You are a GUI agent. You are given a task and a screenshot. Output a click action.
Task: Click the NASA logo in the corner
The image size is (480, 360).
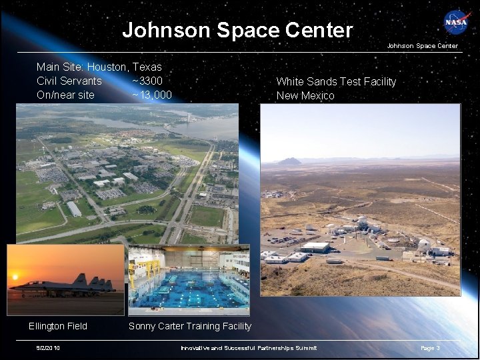click(x=457, y=22)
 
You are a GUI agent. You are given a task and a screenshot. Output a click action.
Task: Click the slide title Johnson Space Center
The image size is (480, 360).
click(x=237, y=30)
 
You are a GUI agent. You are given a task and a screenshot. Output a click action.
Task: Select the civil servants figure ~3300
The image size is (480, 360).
click(x=147, y=81)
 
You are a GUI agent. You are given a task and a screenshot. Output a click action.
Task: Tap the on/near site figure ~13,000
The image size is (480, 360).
click(x=151, y=95)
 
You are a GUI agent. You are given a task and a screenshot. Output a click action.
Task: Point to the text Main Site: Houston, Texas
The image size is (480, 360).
click(x=99, y=67)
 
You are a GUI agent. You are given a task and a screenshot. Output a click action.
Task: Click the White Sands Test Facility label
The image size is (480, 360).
click(x=336, y=81)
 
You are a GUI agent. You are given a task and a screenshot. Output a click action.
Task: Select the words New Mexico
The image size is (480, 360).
click(x=305, y=95)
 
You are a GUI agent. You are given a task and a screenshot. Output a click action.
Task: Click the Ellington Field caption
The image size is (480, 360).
click(x=57, y=326)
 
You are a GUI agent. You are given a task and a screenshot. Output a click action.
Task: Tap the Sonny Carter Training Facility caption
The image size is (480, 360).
click(x=190, y=326)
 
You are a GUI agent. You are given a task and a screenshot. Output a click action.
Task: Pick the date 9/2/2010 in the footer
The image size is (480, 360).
click(x=49, y=348)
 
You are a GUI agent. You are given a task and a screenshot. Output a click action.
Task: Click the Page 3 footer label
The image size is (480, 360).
click(x=430, y=348)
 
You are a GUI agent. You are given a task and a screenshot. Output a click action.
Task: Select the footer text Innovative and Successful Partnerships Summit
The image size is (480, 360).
click(x=249, y=348)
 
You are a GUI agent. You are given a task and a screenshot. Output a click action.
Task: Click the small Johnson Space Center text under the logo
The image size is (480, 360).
click(x=423, y=46)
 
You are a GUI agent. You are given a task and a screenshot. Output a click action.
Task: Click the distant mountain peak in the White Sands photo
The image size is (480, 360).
click(x=290, y=161)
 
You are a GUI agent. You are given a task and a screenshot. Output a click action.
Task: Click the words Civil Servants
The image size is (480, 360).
click(x=69, y=81)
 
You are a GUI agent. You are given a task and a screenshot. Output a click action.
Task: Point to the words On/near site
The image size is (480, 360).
click(x=65, y=95)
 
